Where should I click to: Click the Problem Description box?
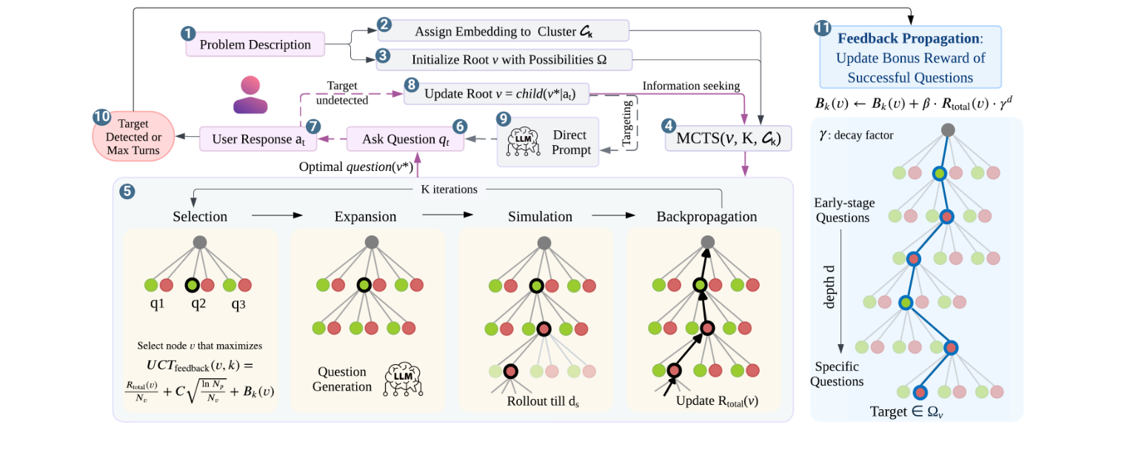255,44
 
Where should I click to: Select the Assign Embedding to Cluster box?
504,31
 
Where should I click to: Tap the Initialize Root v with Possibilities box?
504,59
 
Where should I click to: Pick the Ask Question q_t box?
405,139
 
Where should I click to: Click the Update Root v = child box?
496,94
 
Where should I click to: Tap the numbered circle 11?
822,28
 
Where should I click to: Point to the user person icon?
250,94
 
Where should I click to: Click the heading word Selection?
200,217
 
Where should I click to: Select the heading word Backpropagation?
706,217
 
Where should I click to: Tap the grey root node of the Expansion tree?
372,243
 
